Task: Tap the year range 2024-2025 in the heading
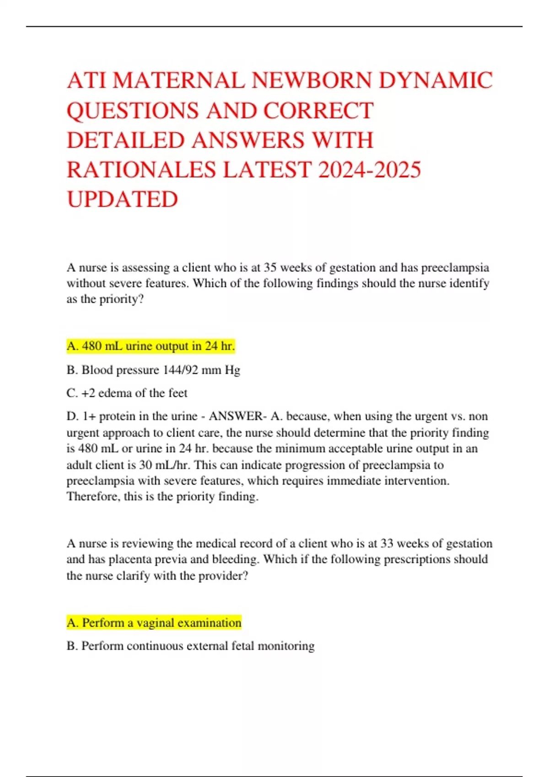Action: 369,170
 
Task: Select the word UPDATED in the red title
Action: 122,199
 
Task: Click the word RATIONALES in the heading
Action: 141,170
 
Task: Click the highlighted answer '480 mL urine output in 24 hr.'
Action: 151,346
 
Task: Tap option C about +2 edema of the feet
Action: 127,393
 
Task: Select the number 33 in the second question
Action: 387,543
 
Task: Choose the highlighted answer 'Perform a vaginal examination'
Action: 154,623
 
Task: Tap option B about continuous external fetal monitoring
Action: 191,646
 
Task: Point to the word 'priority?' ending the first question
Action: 122,299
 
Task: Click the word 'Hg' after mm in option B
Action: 232,370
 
